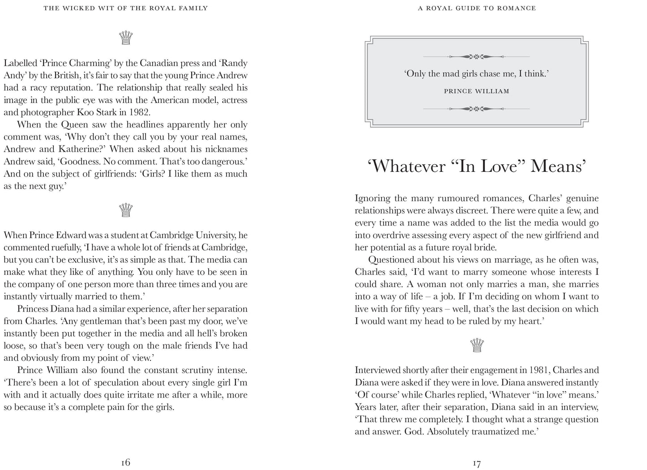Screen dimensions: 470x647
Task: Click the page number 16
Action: point(125,462)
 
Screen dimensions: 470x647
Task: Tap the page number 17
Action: point(476,463)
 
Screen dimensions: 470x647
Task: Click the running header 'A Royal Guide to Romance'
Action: point(476,8)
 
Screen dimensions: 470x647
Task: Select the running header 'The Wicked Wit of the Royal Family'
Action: point(125,8)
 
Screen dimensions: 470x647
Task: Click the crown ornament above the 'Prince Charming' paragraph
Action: point(126,38)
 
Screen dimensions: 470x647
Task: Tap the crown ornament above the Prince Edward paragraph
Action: point(126,209)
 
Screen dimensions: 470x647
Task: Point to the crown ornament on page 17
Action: point(477,345)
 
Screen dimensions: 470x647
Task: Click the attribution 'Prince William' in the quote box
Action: point(476,91)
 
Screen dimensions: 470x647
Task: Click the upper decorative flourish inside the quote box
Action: point(476,56)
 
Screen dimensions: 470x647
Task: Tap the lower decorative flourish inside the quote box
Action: point(476,109)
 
